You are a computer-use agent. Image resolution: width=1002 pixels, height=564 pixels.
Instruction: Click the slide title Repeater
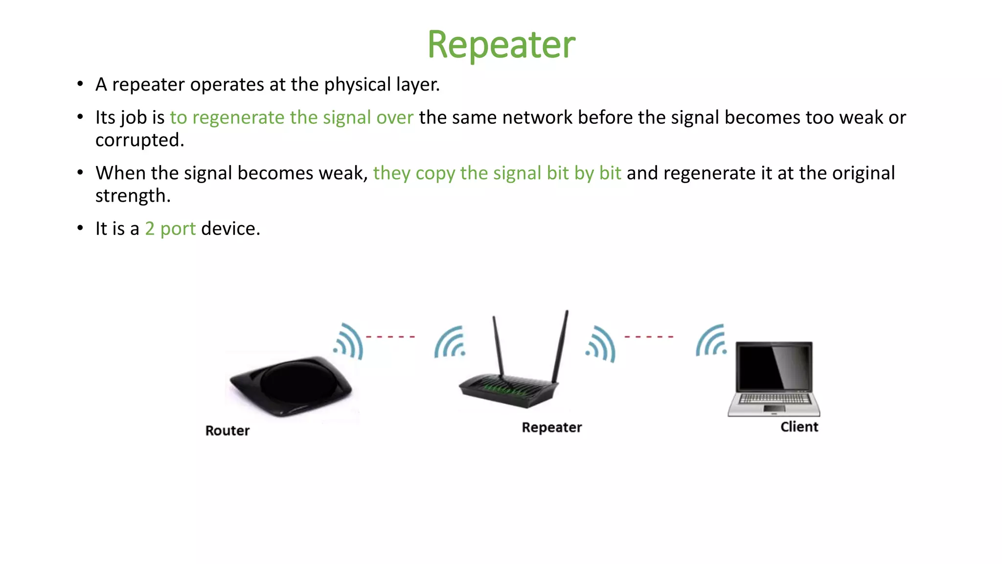(501, 45)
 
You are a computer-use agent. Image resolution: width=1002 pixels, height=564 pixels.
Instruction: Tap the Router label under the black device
(228, 431)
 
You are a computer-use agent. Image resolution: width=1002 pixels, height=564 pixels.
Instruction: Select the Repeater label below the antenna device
(552, 427)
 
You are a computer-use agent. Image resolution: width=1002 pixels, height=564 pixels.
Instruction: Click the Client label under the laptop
(799, 427)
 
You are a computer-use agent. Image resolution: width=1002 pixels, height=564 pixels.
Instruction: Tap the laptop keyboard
(774, 399)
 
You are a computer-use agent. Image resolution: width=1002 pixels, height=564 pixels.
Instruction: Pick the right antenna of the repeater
(561, 346)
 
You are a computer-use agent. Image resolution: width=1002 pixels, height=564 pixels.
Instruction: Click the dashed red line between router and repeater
(390, 337)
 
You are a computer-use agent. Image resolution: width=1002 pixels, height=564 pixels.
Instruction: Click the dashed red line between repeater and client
(649, 337)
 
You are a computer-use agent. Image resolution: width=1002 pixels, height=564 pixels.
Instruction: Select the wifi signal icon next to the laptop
(711, 341)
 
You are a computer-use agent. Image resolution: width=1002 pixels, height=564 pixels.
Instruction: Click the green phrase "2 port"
(170, 229)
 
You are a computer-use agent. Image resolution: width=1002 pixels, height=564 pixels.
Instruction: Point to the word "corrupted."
(139, 141)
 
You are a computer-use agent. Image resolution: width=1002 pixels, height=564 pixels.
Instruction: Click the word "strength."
(133, 196)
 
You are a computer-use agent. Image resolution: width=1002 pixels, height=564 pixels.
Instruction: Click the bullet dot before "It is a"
(80, 229)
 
